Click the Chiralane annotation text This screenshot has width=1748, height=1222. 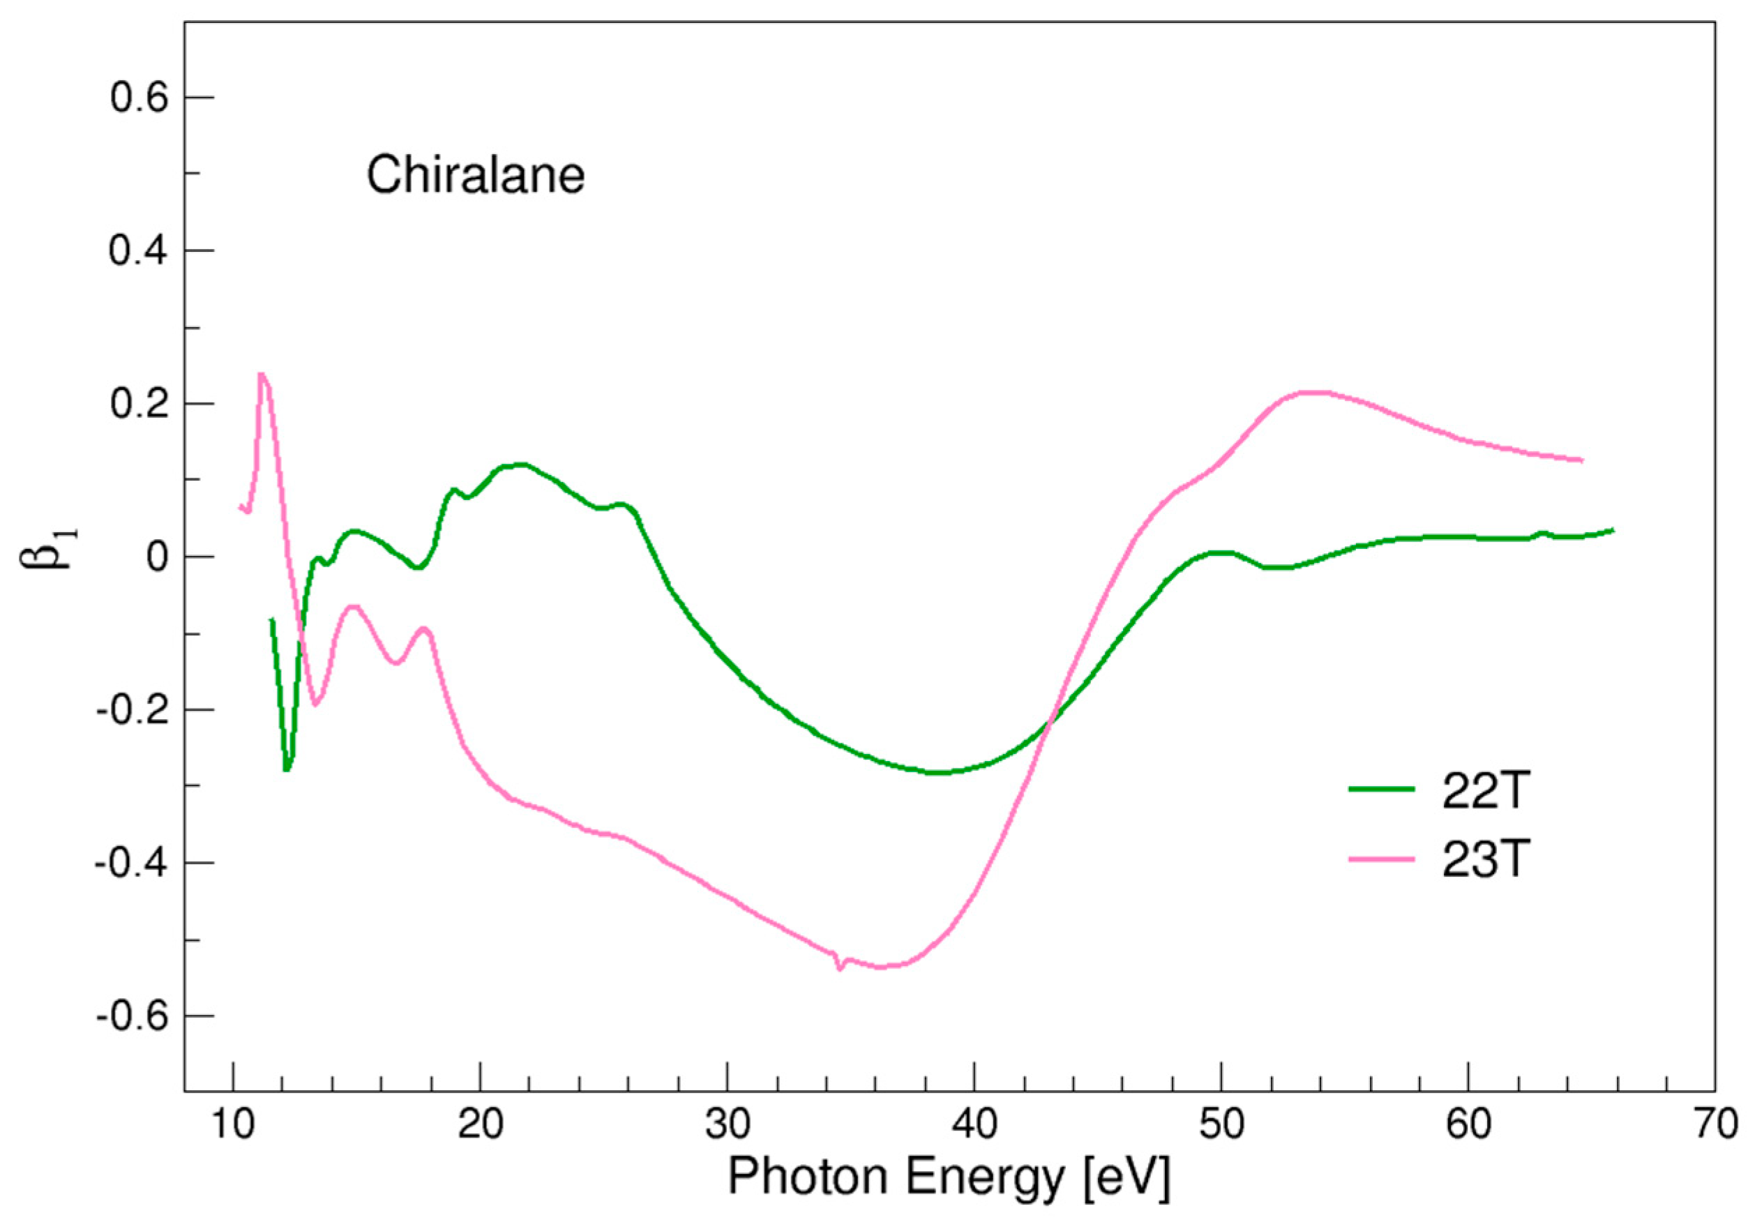pos(475,175)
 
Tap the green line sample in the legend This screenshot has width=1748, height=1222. pos(1382,790)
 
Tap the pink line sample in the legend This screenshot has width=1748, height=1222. pos(1382,859)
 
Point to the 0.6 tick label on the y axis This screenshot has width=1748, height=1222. pos(139,98)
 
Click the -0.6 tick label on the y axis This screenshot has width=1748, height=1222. pos(131,1016)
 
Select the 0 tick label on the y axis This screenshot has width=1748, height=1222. pos(158,557)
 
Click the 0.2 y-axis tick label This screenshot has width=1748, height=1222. pos(139,405)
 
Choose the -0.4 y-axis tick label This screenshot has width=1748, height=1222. pos(131,863)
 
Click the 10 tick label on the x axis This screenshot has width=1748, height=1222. pos(233,1124)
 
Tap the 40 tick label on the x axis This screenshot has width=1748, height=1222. pos(974,1124)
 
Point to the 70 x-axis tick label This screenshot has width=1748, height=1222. pos(1715,1124)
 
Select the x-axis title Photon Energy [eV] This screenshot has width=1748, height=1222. pos(949,1177)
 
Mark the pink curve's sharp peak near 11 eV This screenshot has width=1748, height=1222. pos(261,374)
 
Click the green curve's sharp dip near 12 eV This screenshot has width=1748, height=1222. pos(286,770)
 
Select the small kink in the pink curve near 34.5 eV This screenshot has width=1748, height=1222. pos(839,969)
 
